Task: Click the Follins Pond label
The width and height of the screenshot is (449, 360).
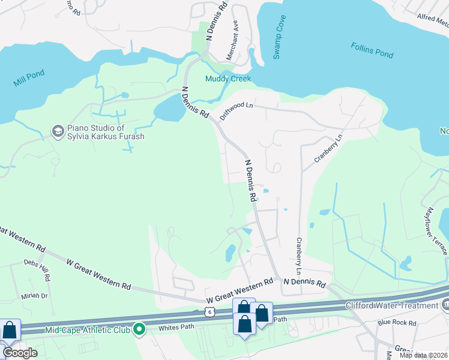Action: pos(372,50)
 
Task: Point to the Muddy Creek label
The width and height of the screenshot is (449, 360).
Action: pos(228,79)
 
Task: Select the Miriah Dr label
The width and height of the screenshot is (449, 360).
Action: pos(35,296)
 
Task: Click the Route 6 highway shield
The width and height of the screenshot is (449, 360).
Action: pos(208,311)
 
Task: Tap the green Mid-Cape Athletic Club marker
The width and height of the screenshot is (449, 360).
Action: pos(139,328)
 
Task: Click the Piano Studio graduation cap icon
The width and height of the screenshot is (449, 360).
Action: pos(58,131)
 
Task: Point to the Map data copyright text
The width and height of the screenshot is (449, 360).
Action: pos(423,355)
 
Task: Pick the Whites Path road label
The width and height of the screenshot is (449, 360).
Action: pos(178,328)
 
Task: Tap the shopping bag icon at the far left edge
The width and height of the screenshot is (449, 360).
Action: pos(10,330)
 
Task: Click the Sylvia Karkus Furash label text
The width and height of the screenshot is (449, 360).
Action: pos(106,136)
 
